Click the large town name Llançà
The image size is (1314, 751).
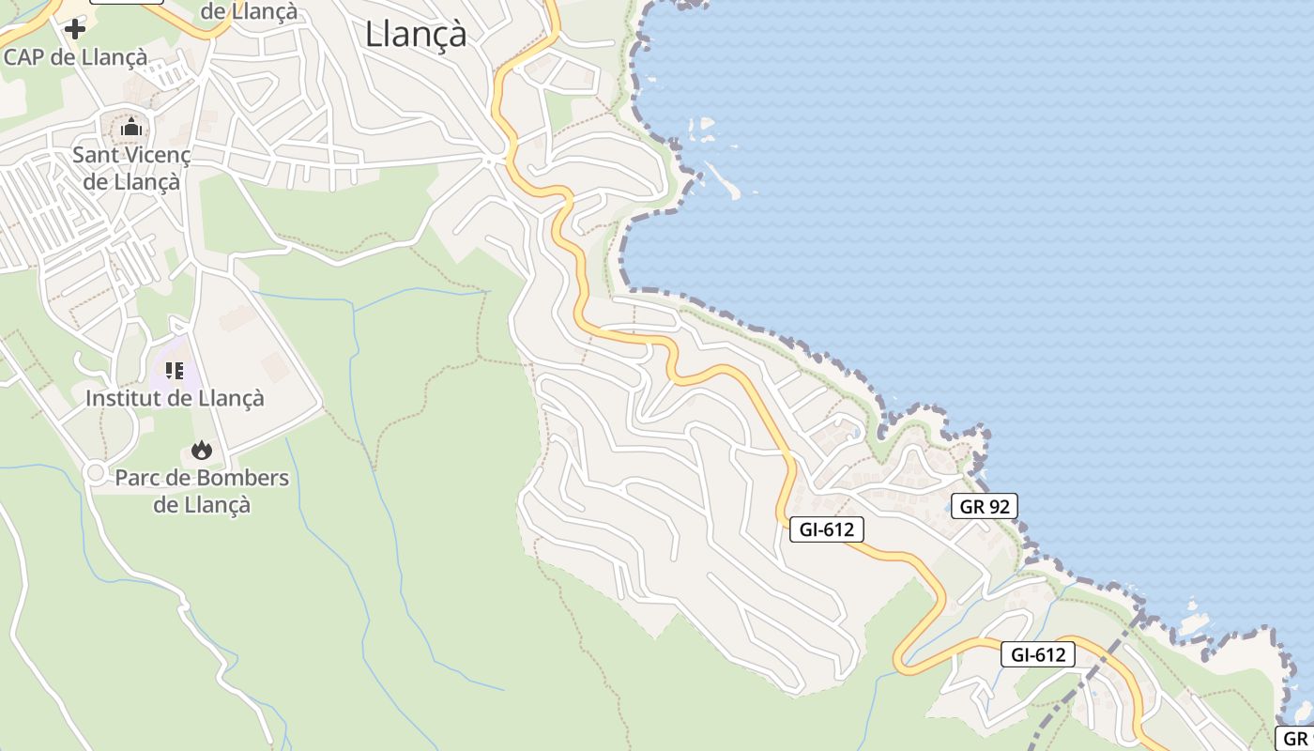(x=415, y=34)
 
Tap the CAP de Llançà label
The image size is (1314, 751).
(x=75, y=56)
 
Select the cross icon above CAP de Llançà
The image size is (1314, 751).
(x=74, y=28)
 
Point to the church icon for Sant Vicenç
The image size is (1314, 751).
(x=131, y=126)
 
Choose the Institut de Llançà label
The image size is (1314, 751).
(x=175, y=398)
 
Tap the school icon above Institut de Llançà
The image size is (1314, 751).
(x=175, y=371)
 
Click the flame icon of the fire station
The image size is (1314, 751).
(x=201, y=451)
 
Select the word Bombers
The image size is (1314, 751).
(x=235, y=478)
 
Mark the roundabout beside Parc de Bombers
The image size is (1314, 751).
(x=94, y=474)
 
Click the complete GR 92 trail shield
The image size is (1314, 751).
(x=984, y=507)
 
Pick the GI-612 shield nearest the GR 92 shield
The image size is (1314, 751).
(x=826, y=529)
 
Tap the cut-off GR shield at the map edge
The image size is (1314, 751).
(x=1295, y=739)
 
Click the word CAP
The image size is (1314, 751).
(x=23, y=56)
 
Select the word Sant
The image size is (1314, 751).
(x=98, y=155)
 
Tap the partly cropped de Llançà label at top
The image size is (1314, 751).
(x=250, y=11)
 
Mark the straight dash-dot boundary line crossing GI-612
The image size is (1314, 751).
(x=1093, y=671)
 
